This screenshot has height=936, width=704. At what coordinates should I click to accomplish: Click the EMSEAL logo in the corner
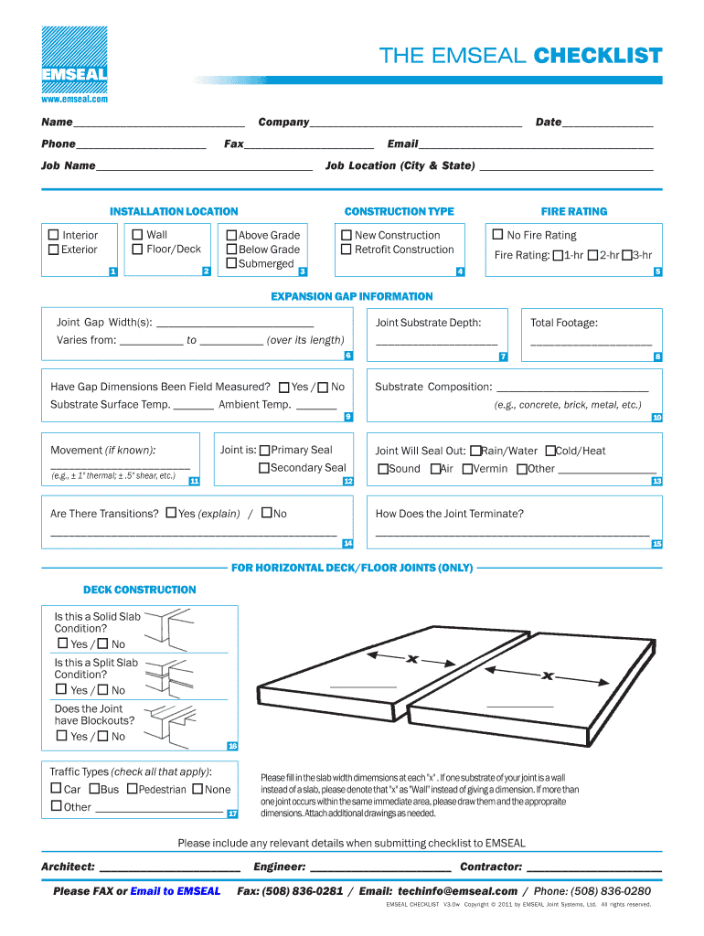coord(73,58)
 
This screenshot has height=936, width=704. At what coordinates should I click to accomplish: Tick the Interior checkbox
coord(54,236)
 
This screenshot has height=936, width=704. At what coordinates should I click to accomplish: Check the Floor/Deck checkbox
coord(138,250)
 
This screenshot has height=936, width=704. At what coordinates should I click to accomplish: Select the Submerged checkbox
coord(231,264)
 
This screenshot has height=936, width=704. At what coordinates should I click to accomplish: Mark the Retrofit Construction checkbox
coord(347,250)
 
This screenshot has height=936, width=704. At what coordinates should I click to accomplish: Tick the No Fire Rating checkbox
coord(498,235)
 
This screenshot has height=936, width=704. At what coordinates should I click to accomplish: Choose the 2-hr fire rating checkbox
coord(593,256)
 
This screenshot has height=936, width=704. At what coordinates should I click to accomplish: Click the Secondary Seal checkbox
coord(264,468)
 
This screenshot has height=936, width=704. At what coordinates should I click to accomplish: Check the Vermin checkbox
coord(467,469)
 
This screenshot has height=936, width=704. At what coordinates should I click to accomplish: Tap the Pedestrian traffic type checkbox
coord(133,789)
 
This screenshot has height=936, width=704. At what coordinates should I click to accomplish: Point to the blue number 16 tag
coord(232,746)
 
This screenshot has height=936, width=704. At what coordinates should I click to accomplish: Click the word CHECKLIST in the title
coord(598,57)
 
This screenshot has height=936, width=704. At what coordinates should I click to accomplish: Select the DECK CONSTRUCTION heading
coord(140,590)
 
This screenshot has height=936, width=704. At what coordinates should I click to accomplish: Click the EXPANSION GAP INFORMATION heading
coord(352,296)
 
